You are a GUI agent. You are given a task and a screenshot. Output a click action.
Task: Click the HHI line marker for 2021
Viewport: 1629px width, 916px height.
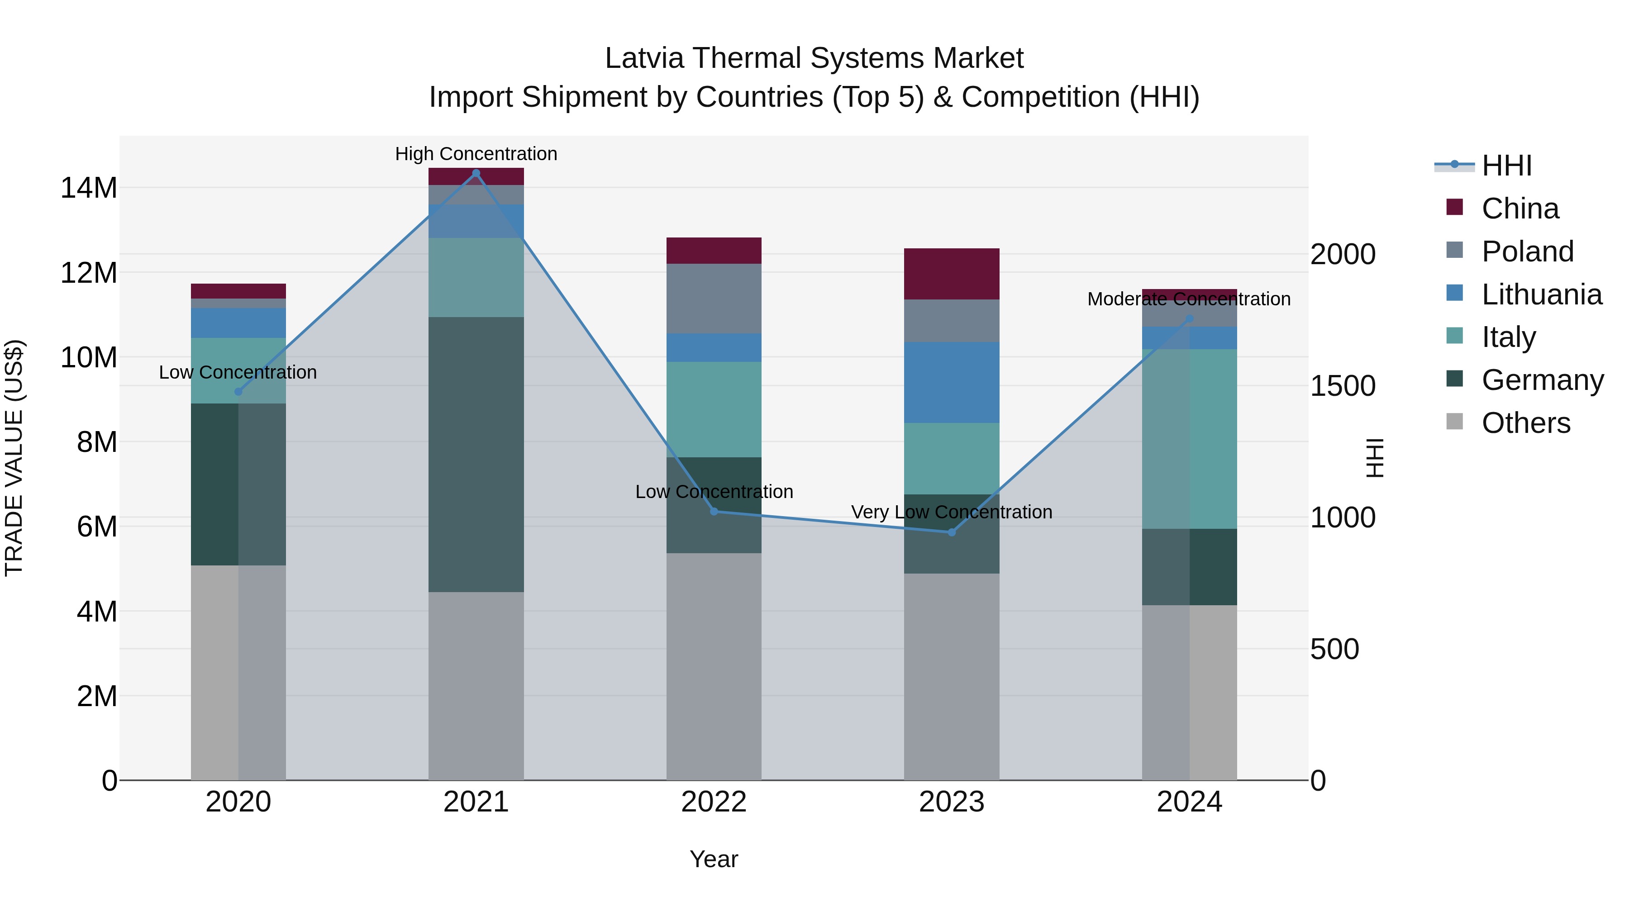click(476, 173)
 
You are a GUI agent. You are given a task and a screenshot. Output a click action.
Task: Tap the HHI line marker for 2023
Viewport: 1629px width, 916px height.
click(951, 532)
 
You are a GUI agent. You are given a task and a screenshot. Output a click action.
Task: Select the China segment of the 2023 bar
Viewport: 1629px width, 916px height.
click(951, 274)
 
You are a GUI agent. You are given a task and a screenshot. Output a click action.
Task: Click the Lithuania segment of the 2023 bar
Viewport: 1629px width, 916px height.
click(951, 382)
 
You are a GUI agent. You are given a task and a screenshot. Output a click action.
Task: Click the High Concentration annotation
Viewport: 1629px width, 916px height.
click(476, 154)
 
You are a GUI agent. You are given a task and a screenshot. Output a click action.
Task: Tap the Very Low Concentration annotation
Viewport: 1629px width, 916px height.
click(951, 512)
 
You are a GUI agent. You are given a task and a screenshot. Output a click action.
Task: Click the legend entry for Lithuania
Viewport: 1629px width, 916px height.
click(1541, 294)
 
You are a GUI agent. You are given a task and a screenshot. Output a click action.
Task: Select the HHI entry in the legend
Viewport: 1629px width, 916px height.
click(1506, 166)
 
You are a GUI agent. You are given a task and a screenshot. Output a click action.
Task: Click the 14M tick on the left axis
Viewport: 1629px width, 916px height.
click(89, 188)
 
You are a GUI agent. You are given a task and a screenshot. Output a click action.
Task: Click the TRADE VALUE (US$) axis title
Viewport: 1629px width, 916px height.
click(14, 458)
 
